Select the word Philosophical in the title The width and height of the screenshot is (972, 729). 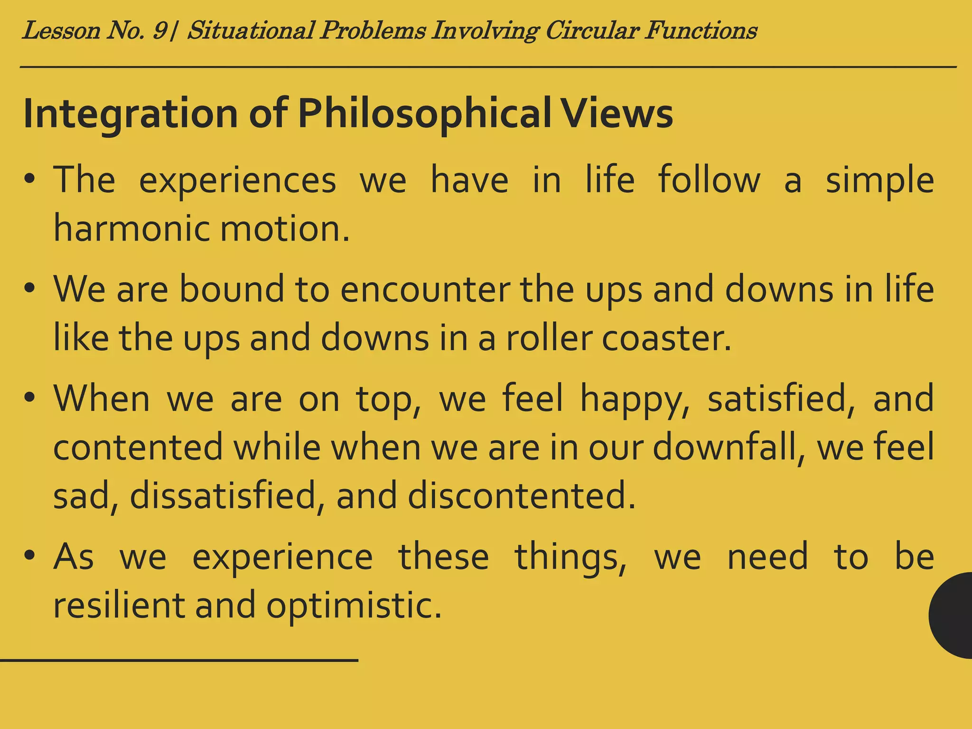425,114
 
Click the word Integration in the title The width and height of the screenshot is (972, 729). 131,114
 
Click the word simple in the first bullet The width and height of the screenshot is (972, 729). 879,181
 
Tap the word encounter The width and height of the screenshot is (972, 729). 425,290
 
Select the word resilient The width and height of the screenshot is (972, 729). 119,605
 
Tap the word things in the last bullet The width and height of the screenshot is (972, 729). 570,557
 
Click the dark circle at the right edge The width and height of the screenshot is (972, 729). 952,615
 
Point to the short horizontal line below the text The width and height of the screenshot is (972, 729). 179,660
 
